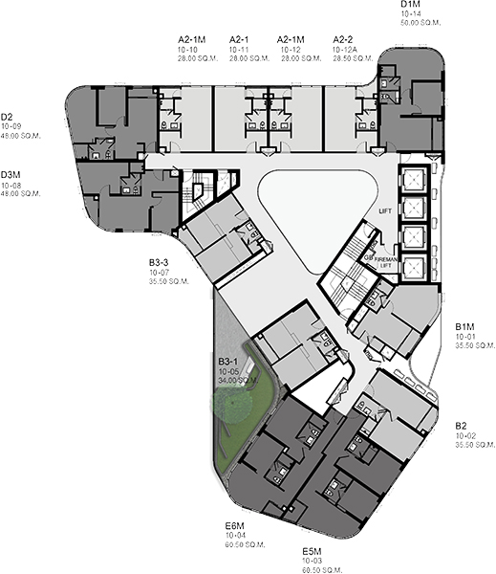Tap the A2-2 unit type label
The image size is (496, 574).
click(x=344, y=39)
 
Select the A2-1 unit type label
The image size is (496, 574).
click(x=239, y=39)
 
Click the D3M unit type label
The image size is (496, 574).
click(x=11, y=175)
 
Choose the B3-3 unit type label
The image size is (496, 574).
click(x=159, y=262)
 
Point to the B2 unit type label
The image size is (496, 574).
click(x=463, y=425)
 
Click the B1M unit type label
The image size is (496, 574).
click(x=465, y=326)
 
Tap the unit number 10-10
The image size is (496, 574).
click(x=187, y=49)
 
